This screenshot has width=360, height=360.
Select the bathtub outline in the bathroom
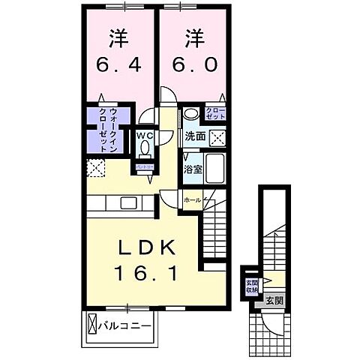pyautogui.click(x=216, y=169)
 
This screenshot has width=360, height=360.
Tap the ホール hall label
pyautogui.click(x=193, y=200)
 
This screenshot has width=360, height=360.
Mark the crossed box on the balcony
pyautogui.click(x=93, y=325)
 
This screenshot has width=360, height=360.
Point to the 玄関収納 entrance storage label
pyautogui.click(x=251, y=287)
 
